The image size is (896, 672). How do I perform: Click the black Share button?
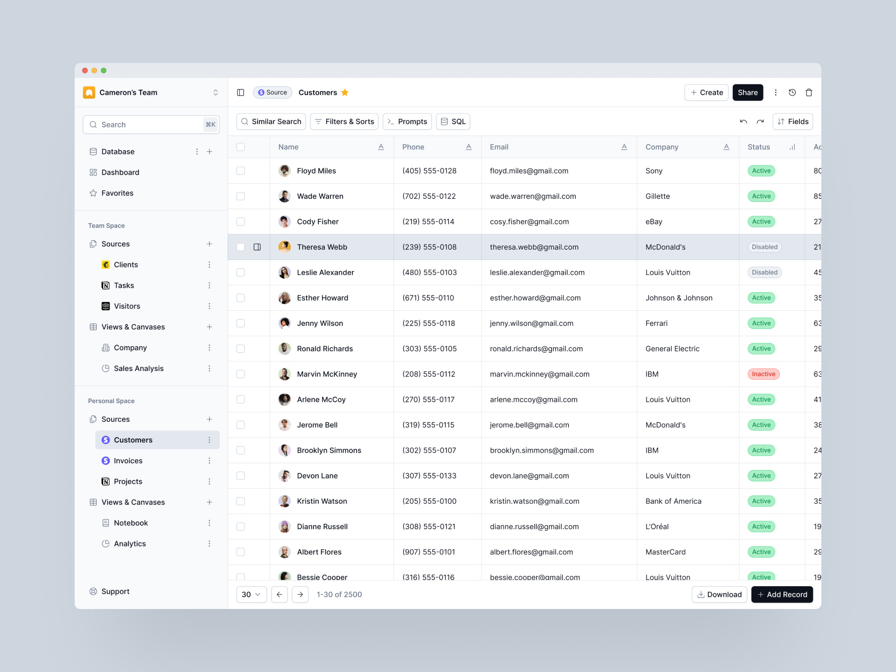[747, 92]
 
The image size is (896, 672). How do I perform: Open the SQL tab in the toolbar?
[453, 121]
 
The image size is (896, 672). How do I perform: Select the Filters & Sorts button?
[344, 121]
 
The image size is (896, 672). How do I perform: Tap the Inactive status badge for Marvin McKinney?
[763, 374]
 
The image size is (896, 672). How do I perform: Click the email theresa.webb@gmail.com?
[534, 247]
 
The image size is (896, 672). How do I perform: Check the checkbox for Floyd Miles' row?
[240, 171]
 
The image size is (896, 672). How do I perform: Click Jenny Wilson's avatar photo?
[284, 323]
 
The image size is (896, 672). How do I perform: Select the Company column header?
[661, 147]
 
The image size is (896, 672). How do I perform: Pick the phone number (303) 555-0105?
[429, 349]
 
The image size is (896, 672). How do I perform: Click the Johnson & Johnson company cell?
[679, 298]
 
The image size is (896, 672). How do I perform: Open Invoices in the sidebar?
[128, 461]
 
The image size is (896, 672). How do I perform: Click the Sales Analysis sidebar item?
[139, 368]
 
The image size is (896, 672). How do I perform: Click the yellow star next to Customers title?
[345, 92]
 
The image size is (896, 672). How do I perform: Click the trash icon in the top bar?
[809, 92]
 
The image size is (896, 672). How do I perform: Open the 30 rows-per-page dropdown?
[251, 594]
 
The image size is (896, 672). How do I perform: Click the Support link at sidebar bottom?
[115, 591]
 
